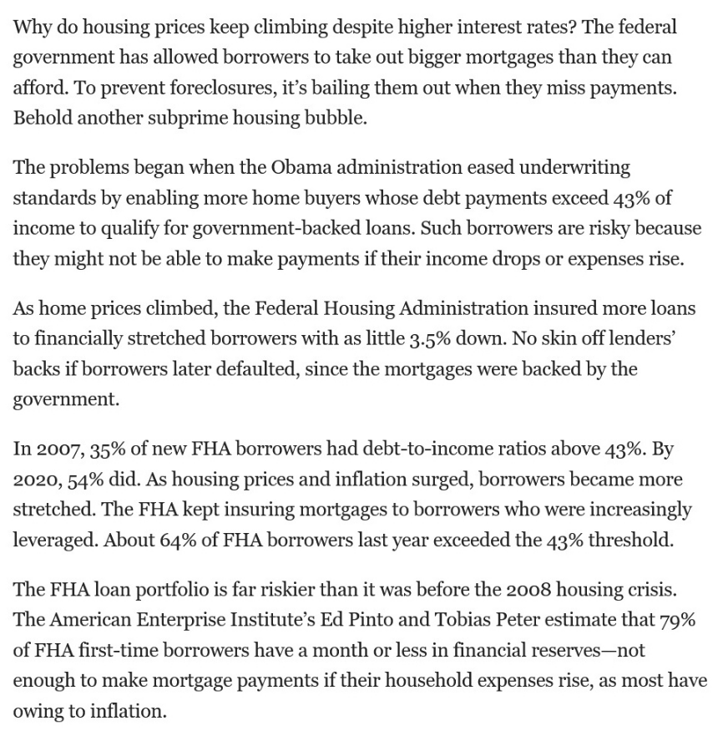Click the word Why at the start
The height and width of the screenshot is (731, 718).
(30, 27)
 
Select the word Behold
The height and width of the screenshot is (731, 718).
(41, 117)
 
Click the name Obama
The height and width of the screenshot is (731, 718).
(299, 167)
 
